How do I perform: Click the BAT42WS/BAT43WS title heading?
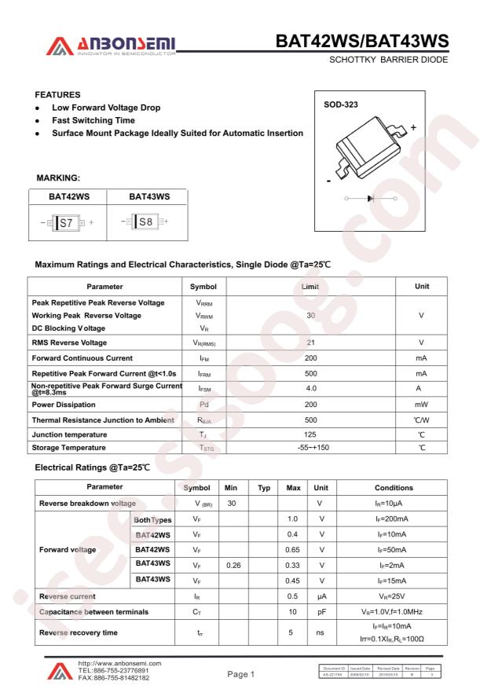coord(362,41)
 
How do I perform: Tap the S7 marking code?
coord(67,222)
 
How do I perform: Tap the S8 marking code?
coord(145,222)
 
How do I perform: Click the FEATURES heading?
coord(57,93)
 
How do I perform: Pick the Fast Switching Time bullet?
coord(93,120)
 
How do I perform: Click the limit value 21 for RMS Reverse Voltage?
coord(310,343)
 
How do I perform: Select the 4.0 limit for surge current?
coord(310,388)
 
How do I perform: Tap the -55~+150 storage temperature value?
coord(310,448)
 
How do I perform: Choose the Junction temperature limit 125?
coord(310,434)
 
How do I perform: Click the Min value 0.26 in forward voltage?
coord(232,564)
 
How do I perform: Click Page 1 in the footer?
coord(242,673)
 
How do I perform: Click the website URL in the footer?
coord(115,664)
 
